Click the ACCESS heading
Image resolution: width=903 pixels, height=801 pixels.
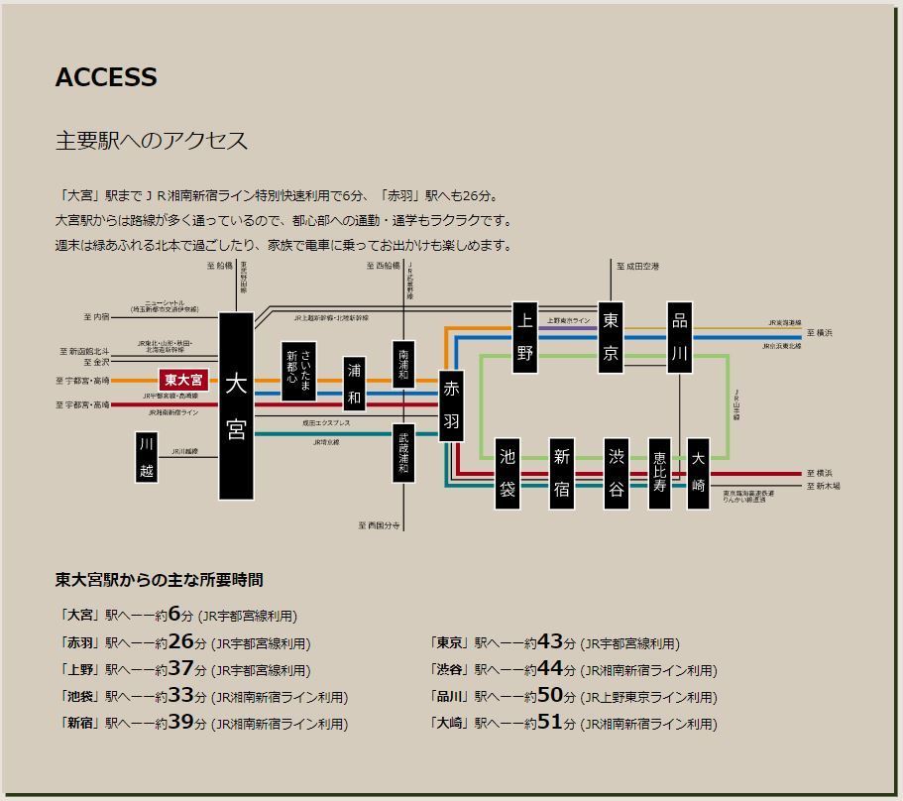[106, 78]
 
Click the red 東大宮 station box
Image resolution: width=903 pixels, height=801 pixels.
[183, 380]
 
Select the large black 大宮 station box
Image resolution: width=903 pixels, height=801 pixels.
[236, 406]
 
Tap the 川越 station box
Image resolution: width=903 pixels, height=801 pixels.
[147, 457]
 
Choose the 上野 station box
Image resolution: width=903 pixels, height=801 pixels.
[524, 338]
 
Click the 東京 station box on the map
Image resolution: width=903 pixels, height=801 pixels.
[611, 338]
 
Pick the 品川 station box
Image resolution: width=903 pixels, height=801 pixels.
[679, 338]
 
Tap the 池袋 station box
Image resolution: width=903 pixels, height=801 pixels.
[508, 474]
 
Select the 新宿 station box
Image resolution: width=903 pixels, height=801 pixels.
[562, 474]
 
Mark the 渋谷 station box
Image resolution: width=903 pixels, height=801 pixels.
[617, 474]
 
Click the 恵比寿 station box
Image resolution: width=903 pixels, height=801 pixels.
[660, 474]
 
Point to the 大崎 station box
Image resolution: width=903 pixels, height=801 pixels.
[698, 474]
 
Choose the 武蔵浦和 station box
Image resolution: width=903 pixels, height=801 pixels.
[403, 452]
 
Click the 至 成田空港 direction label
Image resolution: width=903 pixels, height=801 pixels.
[637, 267]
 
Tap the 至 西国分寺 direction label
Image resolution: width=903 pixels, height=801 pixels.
[381, 525]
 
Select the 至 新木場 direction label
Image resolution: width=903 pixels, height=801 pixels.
[823, 487]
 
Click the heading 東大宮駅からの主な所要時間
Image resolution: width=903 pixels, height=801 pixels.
[159, 580]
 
